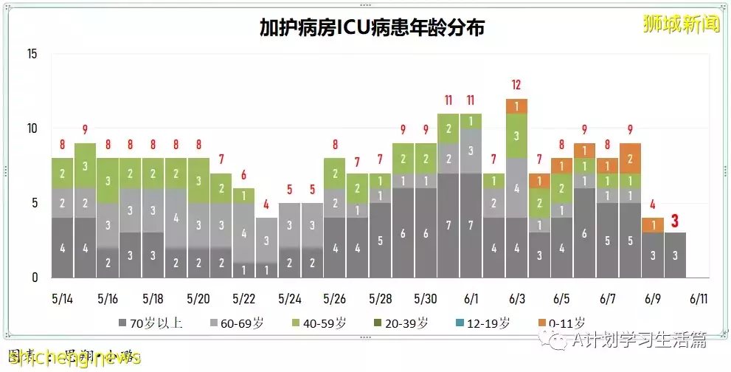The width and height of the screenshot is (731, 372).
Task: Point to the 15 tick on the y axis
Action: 31,54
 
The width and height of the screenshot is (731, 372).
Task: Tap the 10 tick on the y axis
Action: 31,128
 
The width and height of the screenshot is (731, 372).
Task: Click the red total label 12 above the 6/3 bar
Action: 516,84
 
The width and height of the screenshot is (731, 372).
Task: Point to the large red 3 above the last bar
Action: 674,220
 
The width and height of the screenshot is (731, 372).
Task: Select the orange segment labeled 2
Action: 630,158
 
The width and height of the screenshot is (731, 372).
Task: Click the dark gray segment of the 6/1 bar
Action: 471,225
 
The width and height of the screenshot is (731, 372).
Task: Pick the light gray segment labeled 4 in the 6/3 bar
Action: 516,188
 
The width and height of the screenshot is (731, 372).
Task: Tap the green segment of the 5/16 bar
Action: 108,180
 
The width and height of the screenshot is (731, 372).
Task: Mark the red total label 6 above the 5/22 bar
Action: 243,176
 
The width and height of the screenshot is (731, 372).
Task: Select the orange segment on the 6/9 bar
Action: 652,225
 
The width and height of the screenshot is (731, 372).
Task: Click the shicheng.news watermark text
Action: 74,357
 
